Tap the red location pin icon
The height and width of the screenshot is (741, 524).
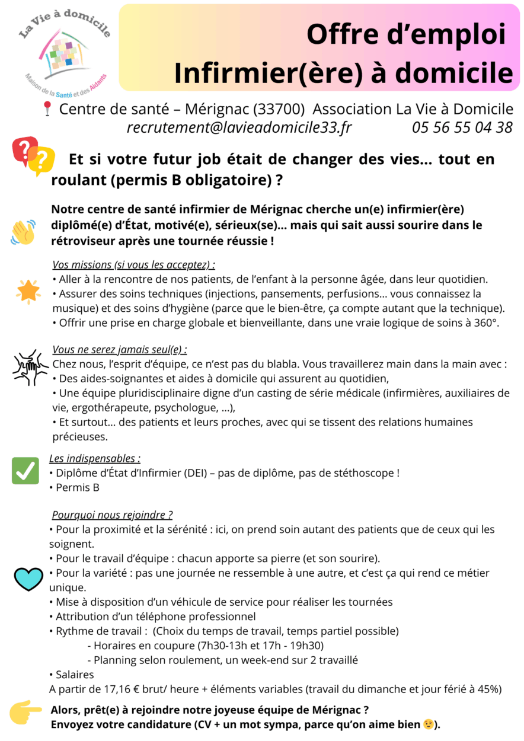[47, 109]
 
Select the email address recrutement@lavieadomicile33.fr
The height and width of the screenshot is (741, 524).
[239, 127]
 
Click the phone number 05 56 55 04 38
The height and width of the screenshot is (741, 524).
[462, 127]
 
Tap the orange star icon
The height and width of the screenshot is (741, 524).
[28, 290]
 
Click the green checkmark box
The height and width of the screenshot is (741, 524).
[25, 470]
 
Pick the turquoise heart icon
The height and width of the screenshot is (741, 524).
[28, 579]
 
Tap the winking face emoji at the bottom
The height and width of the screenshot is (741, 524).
[428, 724]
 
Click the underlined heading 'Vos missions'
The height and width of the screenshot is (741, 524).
[133, 264]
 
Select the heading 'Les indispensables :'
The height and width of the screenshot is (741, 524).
[95, 458]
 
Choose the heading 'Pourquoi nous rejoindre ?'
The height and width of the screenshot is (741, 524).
[112, 515]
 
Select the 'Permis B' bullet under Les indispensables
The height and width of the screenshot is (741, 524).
[77, 487]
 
